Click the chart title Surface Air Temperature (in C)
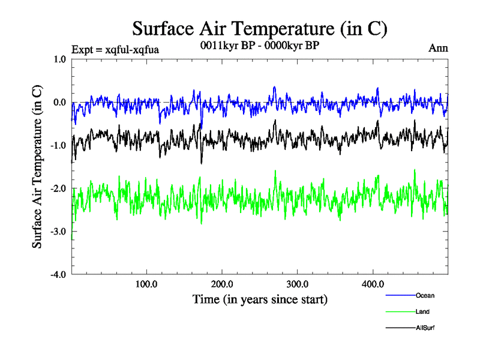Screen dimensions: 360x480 coord(259,28)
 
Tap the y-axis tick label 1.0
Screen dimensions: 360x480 coord(59,59)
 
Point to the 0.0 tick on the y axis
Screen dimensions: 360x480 coord(59,102)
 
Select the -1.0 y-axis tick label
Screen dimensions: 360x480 coord(58,145)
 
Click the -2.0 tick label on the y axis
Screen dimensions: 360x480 coord(58,188)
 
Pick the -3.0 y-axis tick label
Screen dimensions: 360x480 coord(58,232)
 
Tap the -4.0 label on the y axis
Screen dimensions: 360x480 coord(58,275)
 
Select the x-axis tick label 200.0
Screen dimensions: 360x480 coord(223,284)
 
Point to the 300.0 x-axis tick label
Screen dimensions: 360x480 coord(298,284)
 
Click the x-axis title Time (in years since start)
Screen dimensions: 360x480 coord(260,298)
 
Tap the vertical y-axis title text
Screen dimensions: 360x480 coord(37,167)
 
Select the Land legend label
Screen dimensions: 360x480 coord(422,311)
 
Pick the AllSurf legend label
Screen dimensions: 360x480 coord(425,328)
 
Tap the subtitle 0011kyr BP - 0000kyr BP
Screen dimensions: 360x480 coord(259,44)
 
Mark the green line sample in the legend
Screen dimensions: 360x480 coord(400,311)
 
